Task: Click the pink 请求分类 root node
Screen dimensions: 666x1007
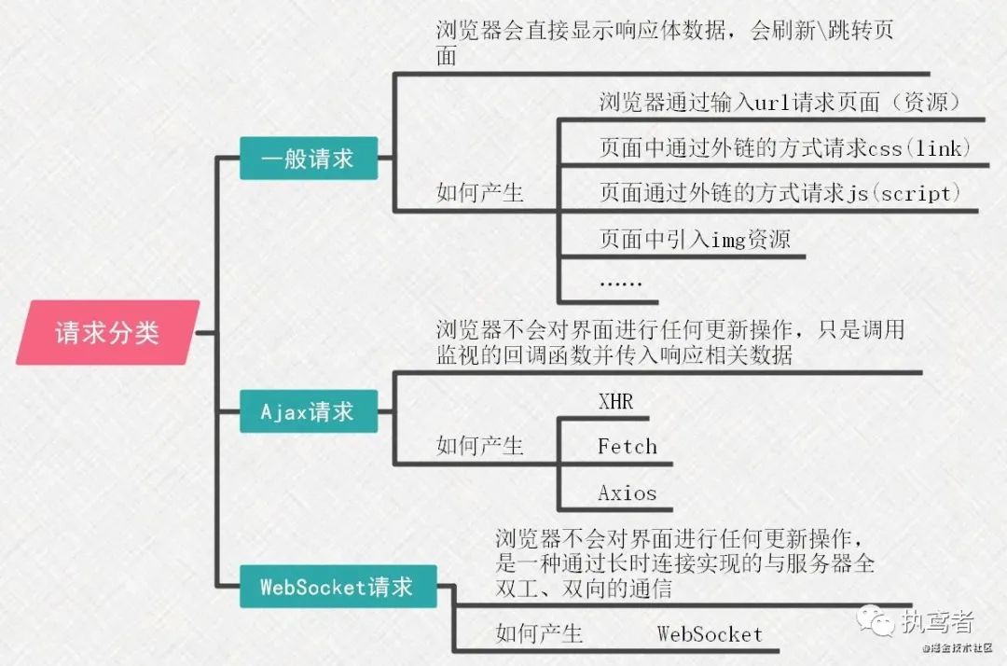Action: [x=108, y=333]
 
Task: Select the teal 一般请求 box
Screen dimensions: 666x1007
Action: [x=308, y=159]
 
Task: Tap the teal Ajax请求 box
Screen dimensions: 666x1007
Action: [x=308, y=411]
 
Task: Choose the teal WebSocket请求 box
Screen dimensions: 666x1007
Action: [x=336, y=587]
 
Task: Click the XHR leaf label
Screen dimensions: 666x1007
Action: [x=615, y=402]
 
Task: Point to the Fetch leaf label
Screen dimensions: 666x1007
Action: [x=627, y=447]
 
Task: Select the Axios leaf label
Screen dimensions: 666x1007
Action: [x=627, y=493]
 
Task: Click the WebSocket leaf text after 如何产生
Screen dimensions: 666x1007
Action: [x=710, y=634]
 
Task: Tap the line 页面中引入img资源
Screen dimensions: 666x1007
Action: [x=695, y=240]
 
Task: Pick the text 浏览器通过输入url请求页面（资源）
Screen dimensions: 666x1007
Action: [x=779, y=102]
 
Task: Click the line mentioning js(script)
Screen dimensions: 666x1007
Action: [x=779, y=194]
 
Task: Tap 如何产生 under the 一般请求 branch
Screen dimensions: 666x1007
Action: [x=480, y=194]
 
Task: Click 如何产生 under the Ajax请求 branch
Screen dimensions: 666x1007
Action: [x=480, y=446]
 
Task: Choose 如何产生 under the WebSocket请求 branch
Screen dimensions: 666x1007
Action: [x=539, y=634]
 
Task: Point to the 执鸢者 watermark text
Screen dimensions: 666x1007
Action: [x=937, y=621]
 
